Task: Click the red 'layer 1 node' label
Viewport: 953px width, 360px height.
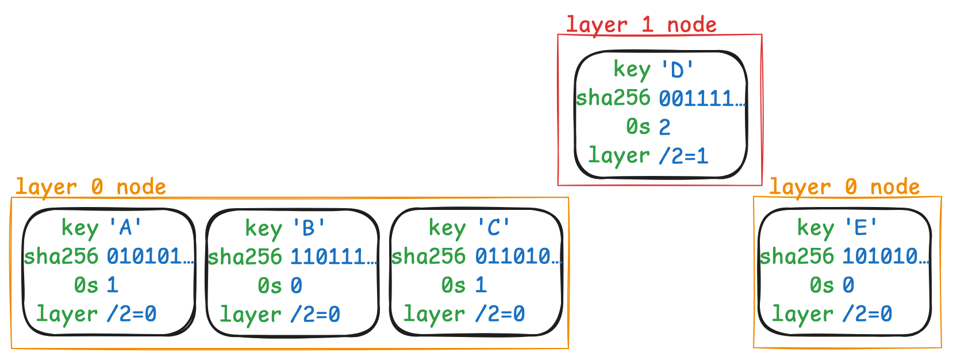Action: pyautogui.click(x=641, y=25)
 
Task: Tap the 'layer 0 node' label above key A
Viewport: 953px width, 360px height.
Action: pyautogui.click(x=90, y=187)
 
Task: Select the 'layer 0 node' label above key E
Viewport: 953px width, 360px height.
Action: pyautogui.click(x=844, y=187)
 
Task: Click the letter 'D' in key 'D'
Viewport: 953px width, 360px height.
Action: pyautogui.click(x=678, y=70)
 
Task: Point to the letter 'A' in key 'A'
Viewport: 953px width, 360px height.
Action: pyautogui.click(x=126, y=228)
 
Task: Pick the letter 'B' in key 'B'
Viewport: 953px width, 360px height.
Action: pyautogui.click(x=309, y=229)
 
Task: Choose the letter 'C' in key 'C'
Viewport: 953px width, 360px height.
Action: pyautogui.click(x=494, y=228)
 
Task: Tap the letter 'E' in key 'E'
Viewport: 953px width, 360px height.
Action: pyautogui.click(x=861, y=228)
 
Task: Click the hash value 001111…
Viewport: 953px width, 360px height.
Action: pyautogui.click(x=701, y=98)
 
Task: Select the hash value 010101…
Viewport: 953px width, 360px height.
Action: pyautogui.click(x=150, y=256)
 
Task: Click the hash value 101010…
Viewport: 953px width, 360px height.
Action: pyautogui.click(x=886, y=256)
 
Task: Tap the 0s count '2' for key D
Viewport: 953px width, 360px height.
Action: pyautogui.click(x=664, y=127)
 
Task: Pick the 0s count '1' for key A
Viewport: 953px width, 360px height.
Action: pyautogui.click(x=112, y=285)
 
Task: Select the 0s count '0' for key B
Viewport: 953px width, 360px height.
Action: pyautogui.click(x=296, y=285)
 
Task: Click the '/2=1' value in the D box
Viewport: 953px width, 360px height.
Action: pyautogui.click(x=683, y=156)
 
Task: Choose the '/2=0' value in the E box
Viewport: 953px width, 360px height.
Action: pyautogui.click(x=867, y=314)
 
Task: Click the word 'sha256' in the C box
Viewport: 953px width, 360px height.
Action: pyautogui.click(x=428, y=256)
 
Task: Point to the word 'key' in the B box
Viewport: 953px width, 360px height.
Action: pyautogui.click(x=263, y=229)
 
